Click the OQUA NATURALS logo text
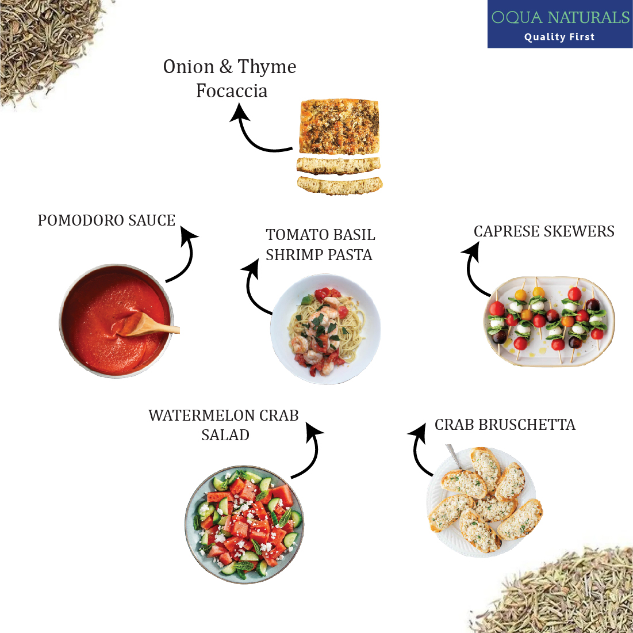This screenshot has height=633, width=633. (561, 17)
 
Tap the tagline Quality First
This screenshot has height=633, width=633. (559, 37)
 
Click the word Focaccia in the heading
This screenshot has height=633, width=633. (232, 91)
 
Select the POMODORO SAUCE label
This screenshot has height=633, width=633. (106, 220)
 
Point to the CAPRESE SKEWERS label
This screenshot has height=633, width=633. (544, 231)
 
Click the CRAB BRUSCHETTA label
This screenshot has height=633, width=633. (505, 425)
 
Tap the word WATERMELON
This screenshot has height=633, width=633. (201, 415)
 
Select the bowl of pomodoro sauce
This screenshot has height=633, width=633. (116, 321)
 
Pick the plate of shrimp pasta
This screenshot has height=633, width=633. (325, 329)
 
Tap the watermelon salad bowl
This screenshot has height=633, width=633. (244, 524)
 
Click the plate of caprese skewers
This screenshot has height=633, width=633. (550, 322)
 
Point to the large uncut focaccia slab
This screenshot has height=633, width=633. (339, 127)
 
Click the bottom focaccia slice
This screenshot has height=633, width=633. (340, 185)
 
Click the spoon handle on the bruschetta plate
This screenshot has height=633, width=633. (453, 455)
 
